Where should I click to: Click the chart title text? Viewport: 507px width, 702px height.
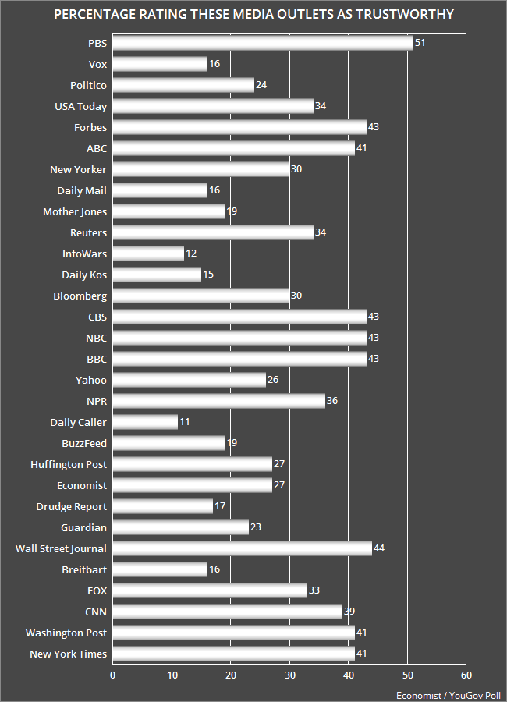(253, 15)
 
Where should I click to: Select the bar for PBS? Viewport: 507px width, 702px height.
(263, 43)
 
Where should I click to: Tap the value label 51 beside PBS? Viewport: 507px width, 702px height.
(420, 43)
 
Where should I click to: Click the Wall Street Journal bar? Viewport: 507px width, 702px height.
(242, 548)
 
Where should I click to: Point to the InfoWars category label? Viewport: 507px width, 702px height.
(84, 253)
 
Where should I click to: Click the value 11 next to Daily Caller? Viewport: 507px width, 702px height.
(184, 422)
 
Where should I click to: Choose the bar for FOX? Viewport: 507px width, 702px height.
(210, 590)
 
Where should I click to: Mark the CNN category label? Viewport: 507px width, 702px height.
(95, 612)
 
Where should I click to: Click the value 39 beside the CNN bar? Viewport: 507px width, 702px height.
(349, 612)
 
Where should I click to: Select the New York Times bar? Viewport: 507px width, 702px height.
(233, 654)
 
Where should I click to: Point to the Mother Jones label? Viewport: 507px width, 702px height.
(75, 211)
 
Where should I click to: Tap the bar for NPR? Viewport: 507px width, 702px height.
(218, 401)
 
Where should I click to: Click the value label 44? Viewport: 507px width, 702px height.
(379, 548)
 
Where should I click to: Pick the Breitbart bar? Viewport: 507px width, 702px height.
(160, 569)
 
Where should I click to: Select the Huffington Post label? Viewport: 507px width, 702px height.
(69, 464)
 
